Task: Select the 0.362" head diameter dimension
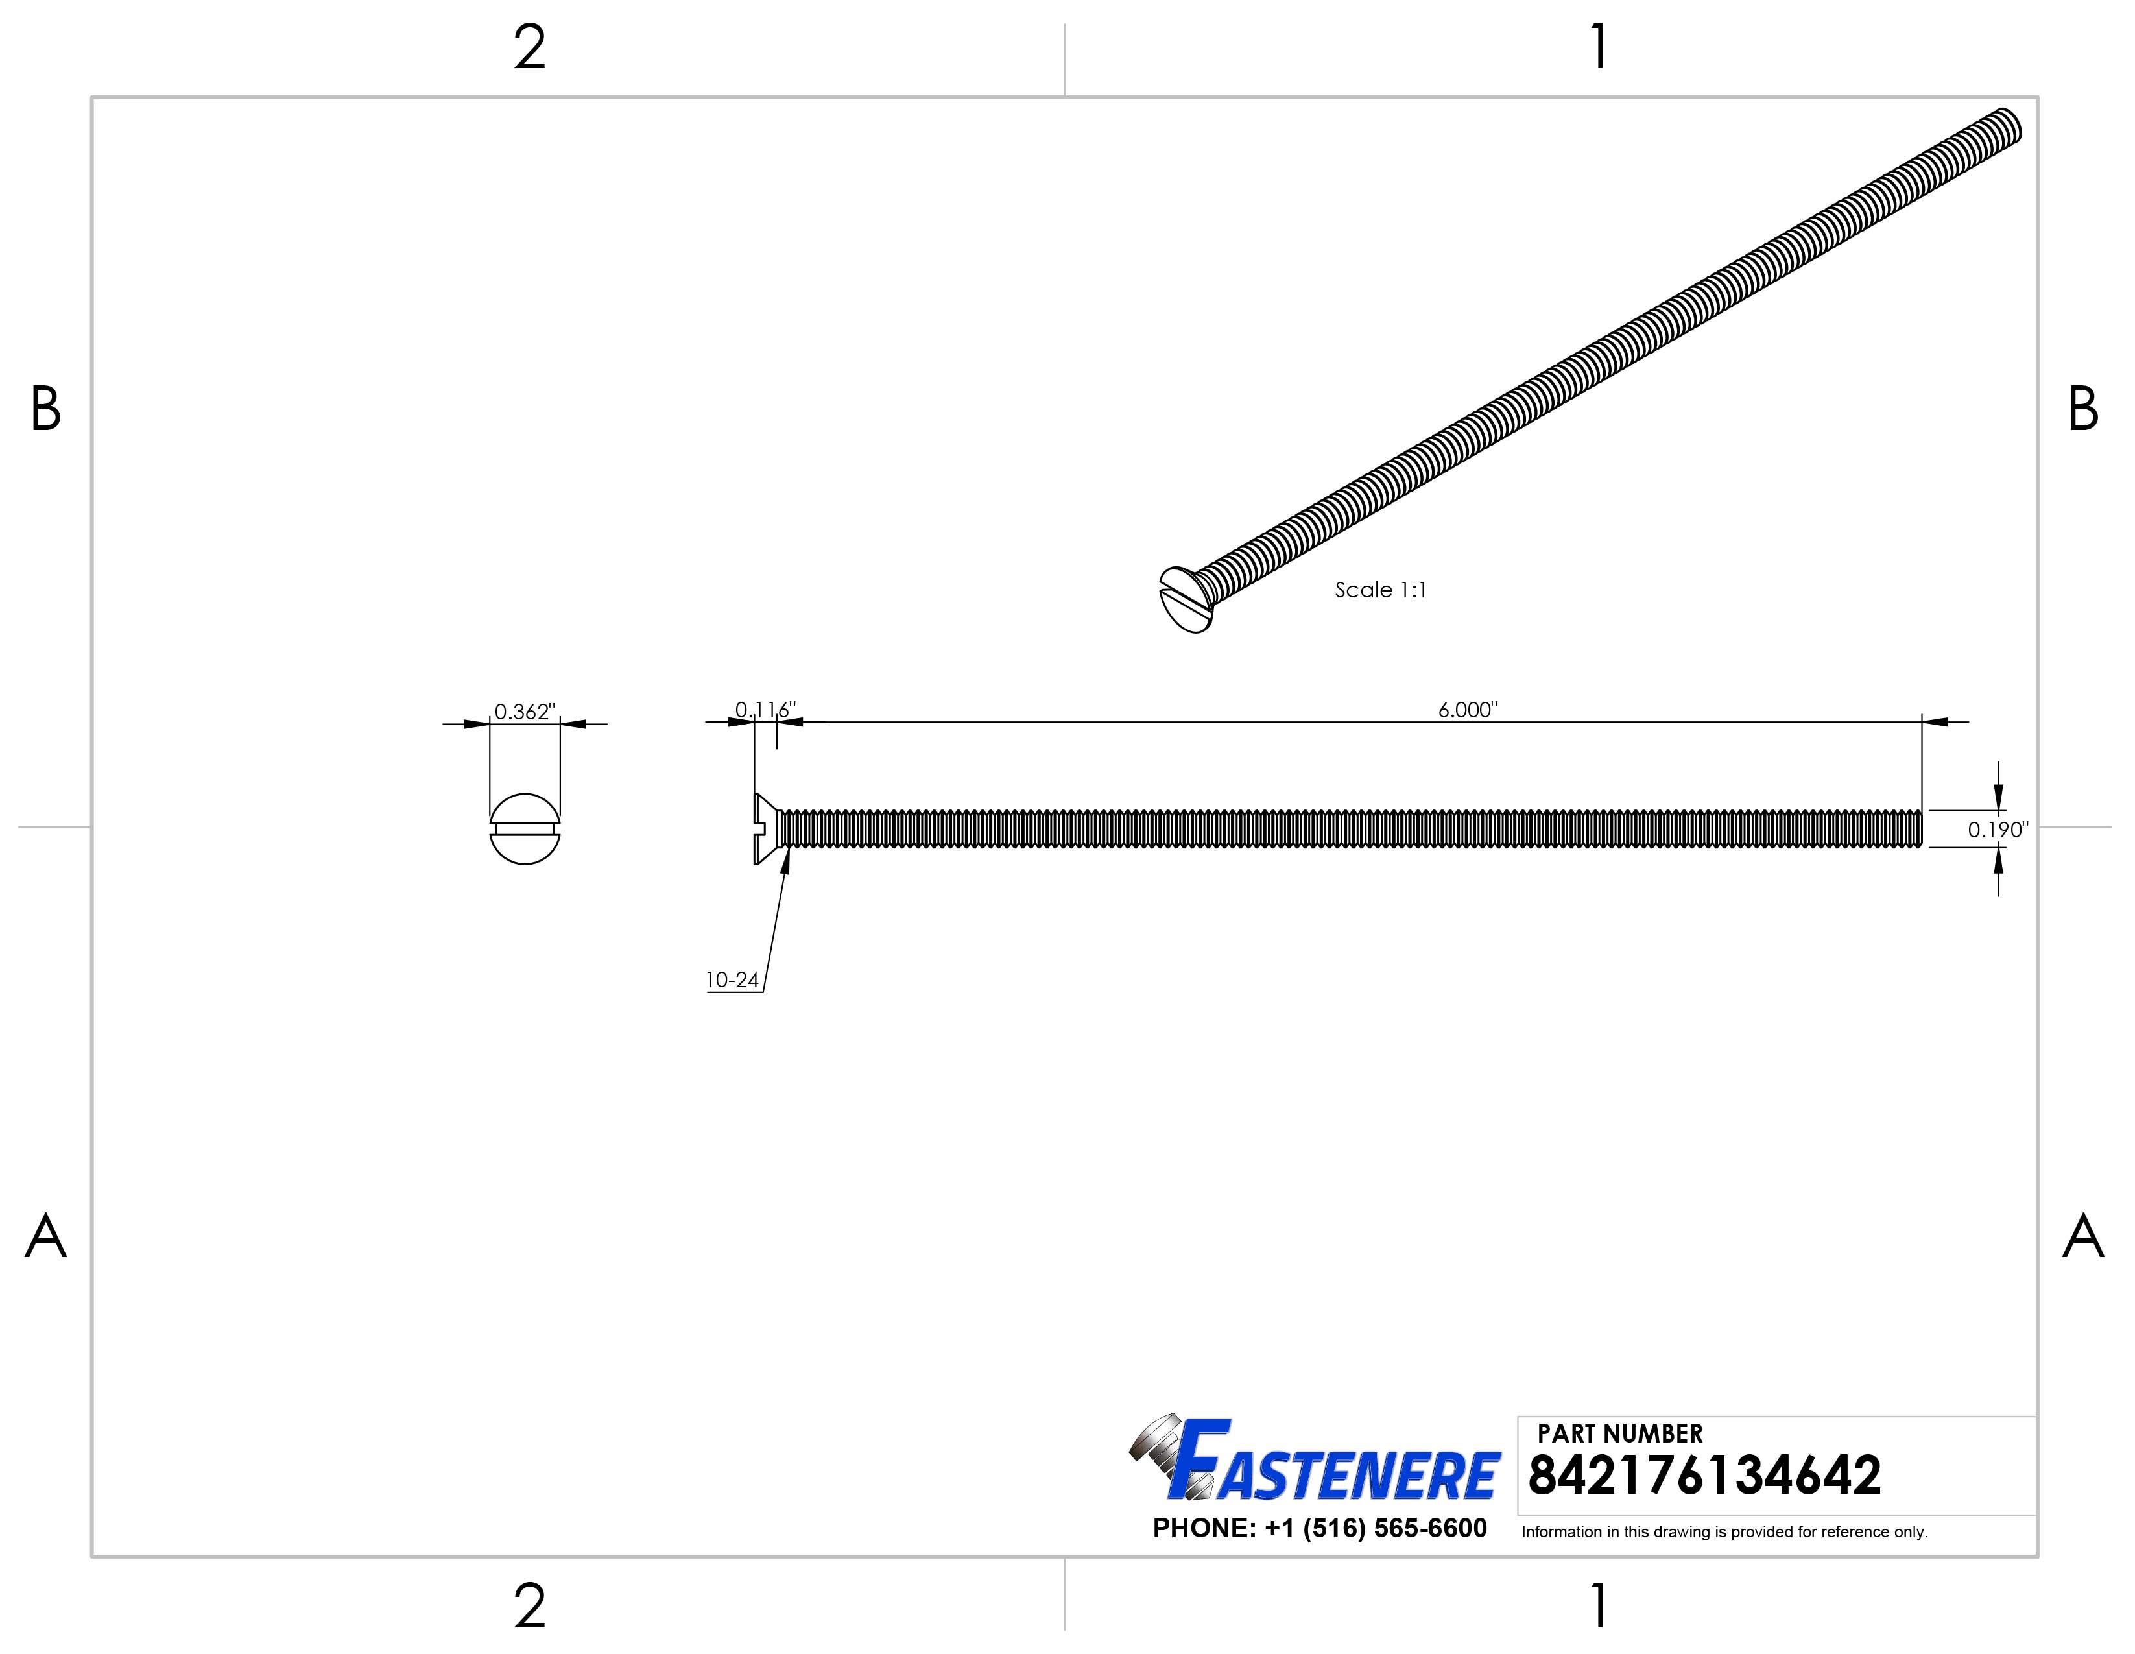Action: tap(524, 712)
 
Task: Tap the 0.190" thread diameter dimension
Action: tap(1997, 830)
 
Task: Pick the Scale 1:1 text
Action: tap(1380, 590)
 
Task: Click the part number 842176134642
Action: tap(1704, 1476)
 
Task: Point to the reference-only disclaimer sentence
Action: tap(1723, 1532)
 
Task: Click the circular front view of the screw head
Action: tap(525, 829)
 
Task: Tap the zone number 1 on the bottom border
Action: tap(1599, 1605)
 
